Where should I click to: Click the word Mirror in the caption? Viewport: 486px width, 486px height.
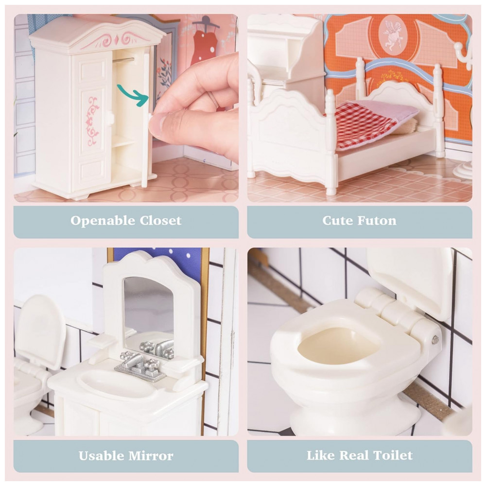pos(151,456)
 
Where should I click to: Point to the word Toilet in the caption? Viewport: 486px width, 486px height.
pos(393,455)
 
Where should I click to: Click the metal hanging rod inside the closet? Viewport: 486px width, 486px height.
pos(123,60)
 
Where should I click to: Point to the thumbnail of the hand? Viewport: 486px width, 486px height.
pos(156,123)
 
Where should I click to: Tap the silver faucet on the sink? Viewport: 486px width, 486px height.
pos(140,366)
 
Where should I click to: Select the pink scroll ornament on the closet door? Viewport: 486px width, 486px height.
pos(92,121)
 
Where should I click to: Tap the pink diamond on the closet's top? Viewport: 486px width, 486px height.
pos(117,40)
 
